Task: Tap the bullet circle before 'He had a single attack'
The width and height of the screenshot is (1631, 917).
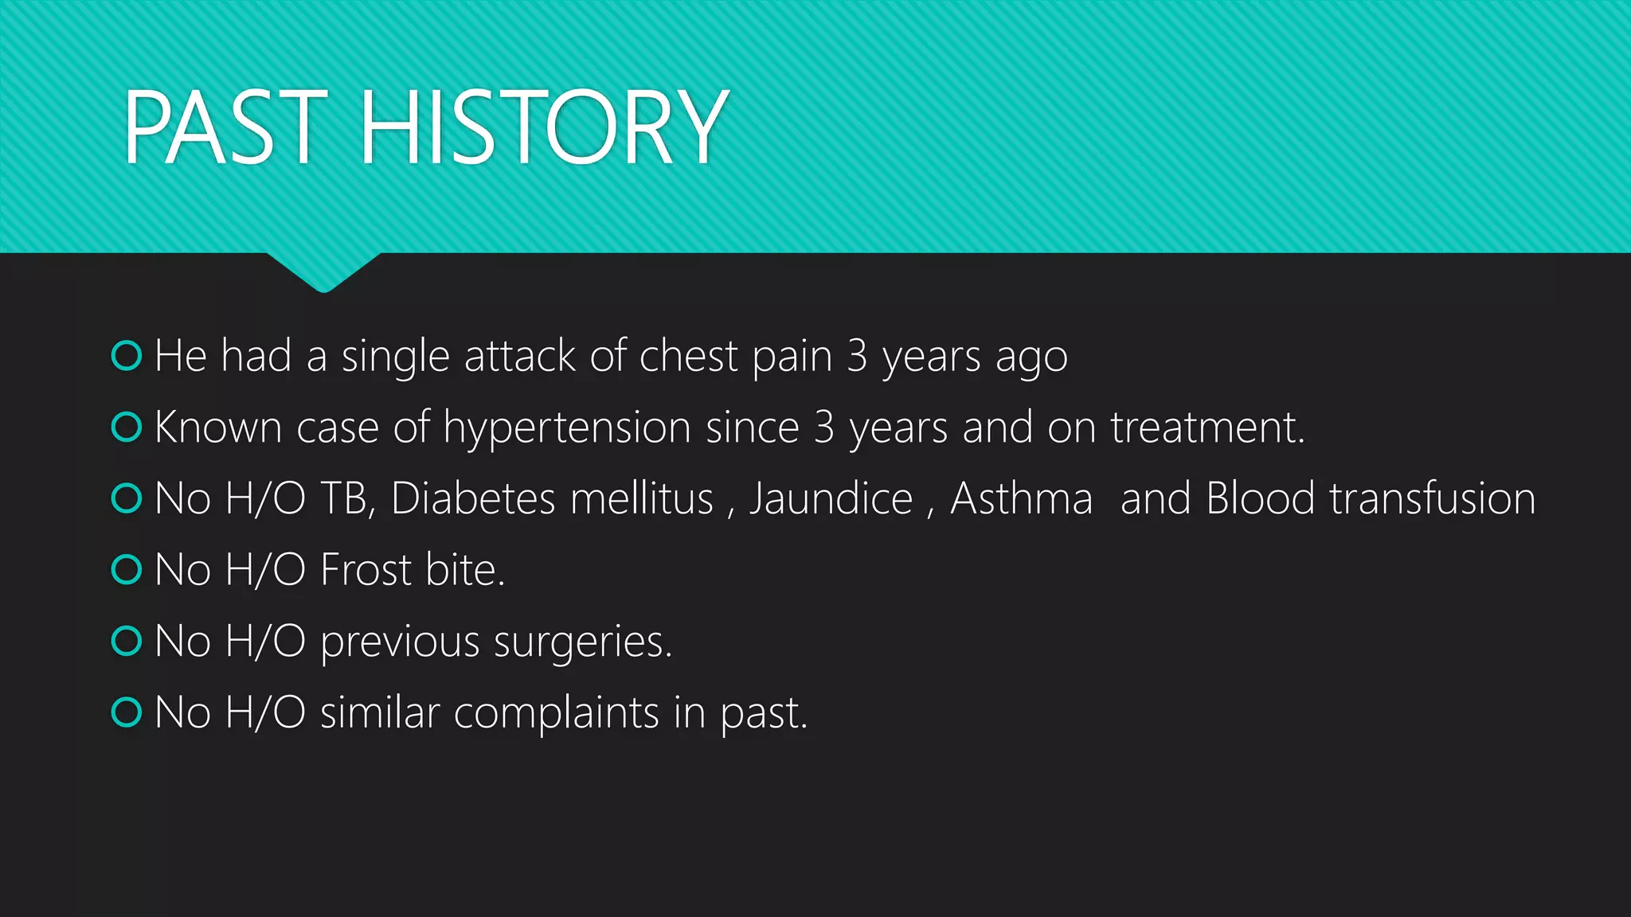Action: (127, 356)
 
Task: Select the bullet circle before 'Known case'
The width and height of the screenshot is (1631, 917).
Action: (127, 427)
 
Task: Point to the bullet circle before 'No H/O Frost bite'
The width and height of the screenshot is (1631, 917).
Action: (127, 569)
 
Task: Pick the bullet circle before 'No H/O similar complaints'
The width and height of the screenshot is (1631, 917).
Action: (127, 712)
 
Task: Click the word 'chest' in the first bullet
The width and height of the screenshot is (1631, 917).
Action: (688, 356)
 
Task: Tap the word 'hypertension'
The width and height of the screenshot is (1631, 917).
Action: (566, 428)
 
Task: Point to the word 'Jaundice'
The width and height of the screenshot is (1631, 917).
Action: (831, 499)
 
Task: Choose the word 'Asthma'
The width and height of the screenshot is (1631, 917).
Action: (1021, 499)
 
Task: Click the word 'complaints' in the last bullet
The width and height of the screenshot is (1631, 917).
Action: (556, 712)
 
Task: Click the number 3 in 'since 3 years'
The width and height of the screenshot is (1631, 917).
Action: (824, 427)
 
